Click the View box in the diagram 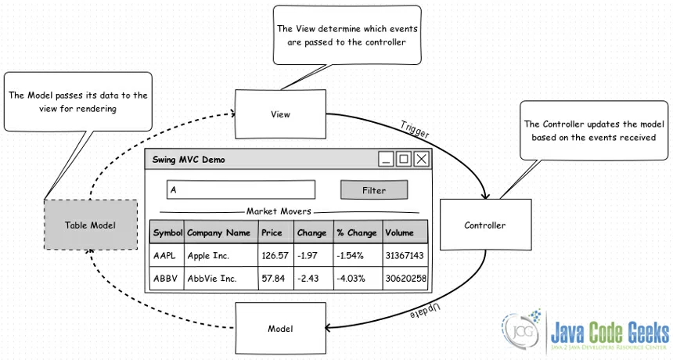click(x=280, y=114)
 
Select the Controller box click(x=485, y=225)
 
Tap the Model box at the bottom click(x=280, y=327)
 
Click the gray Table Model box click(x=90, y=225)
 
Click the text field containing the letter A click(x=240, y=190)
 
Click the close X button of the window click(x=422, y=160)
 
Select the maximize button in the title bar click(x=404, y=160)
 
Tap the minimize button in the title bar click(x=386, y=160)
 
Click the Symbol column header click(x=167, y=232)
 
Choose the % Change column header click(x=357, y=232)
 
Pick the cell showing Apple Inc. click(x=221, y=256)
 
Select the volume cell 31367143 click(x=405, y=256)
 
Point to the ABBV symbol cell click(x=167, y=279)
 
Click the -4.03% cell click(x=357, y=279)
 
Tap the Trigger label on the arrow click(x=415, y=130)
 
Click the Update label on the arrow click(x=425, y=311)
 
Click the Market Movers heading click(x=279, y=211)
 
